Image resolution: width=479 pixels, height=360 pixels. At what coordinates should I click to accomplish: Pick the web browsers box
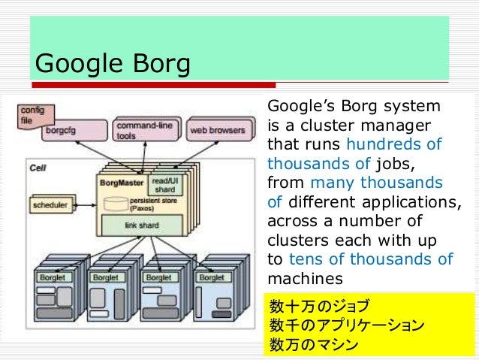click(217, 130)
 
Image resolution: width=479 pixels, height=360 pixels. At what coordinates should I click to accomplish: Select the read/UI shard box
click(164, 185)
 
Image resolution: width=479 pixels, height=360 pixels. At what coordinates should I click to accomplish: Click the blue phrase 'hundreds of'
click(393, 144)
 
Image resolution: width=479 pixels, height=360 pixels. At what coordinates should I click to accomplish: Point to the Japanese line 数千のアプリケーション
click(346, 326)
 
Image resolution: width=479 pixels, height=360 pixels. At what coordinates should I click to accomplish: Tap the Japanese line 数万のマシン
click(314, 346)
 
